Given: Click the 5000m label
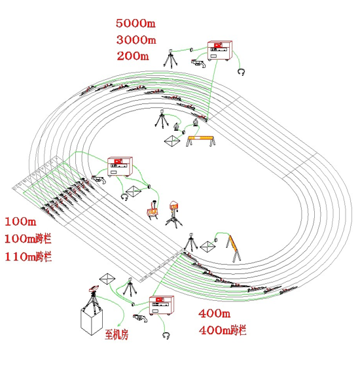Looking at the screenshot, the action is click(x=135, y=24).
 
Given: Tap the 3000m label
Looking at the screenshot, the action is click(x=136, y=40).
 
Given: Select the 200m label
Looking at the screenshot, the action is click(x=133, y=56).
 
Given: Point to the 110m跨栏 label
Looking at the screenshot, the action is click(x=28, y=257).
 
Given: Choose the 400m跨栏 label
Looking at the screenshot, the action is click(x=223, y=330).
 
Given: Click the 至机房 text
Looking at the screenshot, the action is click(x=117, y=335).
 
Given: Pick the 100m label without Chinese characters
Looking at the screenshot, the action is click(x=20, y=221).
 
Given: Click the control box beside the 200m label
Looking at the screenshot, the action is click(x=219, y=50).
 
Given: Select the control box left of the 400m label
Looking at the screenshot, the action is click(x=162, y=305).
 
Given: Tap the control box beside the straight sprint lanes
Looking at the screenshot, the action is click(x=120, y=167).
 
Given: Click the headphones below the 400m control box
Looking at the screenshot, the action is click(x=166, y=336).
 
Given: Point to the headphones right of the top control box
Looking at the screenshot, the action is click(x=242, y=71).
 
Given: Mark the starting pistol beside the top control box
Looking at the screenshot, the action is click(x=198, y=63).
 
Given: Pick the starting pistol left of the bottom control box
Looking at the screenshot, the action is click(x=140, y=318).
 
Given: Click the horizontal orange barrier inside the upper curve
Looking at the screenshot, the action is click(x=200, y=141).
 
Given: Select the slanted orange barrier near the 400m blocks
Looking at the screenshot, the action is click(x=234, y=248).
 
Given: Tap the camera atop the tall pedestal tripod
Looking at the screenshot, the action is click(x=94, y=289).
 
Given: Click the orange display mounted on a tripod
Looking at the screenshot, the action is click(x=173, y=207).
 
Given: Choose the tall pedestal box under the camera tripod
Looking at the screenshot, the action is click(x=92, y=320).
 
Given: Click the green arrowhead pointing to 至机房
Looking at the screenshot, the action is click(x=120, y=325).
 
